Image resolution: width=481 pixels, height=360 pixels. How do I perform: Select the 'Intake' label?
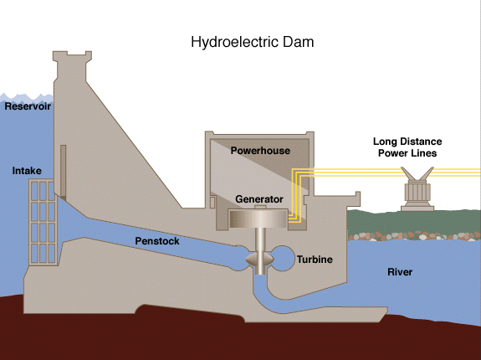point(27,171)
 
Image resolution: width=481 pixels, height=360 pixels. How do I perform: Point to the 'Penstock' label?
point(158,241)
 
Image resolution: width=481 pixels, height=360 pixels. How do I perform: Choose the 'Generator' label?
point(259,199)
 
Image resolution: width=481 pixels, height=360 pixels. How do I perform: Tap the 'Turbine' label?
point(315,260)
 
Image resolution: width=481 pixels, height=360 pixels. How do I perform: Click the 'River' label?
point(400,272)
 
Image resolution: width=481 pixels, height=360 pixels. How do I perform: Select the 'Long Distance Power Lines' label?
point(407,147)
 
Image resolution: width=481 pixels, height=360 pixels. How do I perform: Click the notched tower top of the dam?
point(73,61)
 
